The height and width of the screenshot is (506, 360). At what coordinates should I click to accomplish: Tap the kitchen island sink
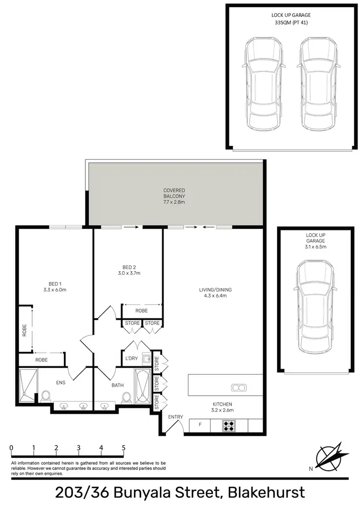coord(238,387)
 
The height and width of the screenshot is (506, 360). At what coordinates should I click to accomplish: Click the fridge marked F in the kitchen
coord(200,425)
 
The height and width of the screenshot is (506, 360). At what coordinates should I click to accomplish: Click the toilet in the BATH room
coord(127,398)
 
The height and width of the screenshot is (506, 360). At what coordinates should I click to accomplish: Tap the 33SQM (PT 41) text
coord(291,22)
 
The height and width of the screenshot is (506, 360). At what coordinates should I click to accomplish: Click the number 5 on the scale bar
coord(124,447)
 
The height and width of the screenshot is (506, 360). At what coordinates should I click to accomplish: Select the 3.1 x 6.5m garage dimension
coord(315,247)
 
